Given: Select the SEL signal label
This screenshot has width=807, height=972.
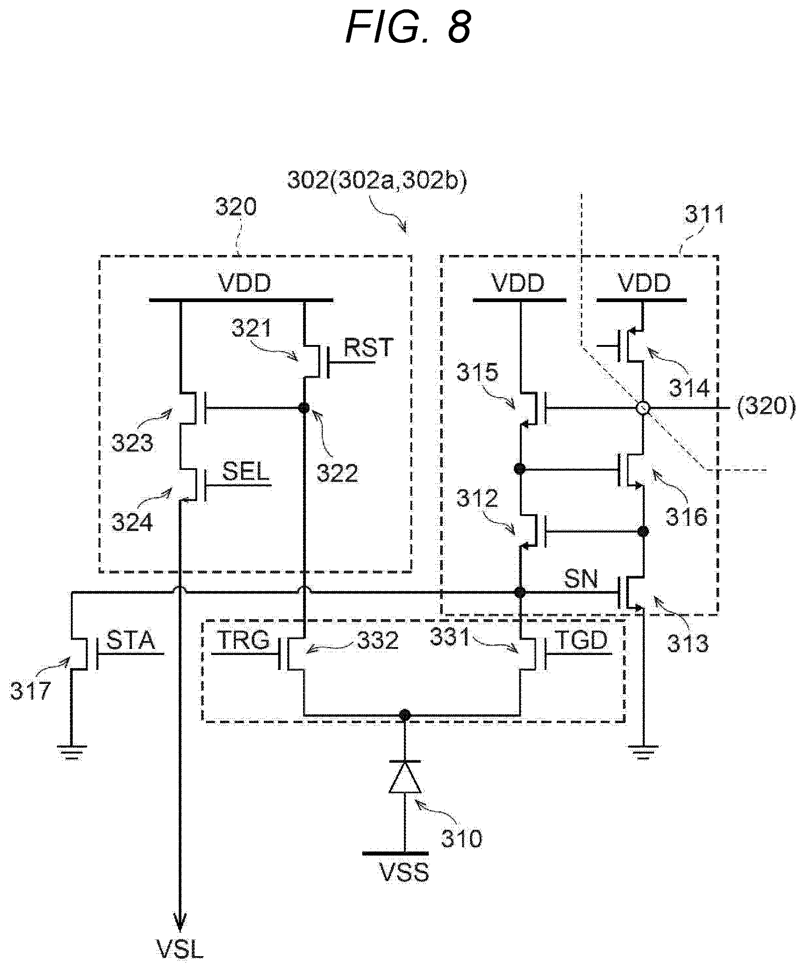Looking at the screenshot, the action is click(246, 471).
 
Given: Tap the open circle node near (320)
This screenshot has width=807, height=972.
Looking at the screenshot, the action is click(643, 408).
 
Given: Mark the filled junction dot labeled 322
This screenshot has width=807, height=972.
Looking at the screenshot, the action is click(304, 408).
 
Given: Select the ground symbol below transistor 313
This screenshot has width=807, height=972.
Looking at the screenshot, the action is click(643, 751).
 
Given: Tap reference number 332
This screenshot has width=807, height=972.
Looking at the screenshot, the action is click(378, 641).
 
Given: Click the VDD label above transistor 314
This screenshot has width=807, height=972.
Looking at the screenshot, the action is click(644, 283).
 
